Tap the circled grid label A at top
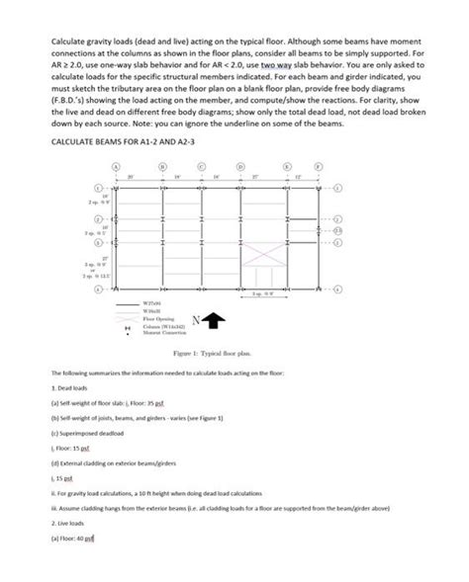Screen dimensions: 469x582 pyautogui.click(x=116, y=169)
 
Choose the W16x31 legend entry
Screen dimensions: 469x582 pyautogui.click(x=153, y=312)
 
